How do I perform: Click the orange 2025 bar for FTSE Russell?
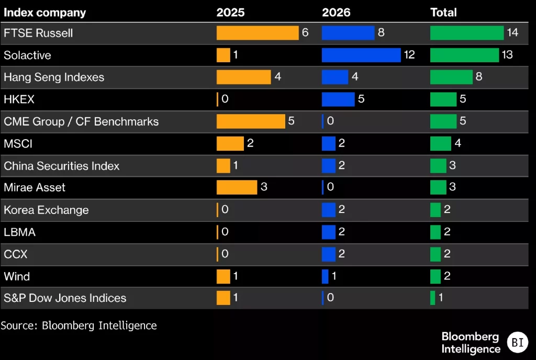click(258, 33)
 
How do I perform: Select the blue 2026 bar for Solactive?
click(361, 55)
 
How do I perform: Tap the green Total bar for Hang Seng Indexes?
click(451, 77)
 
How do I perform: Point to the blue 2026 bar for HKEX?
click(338, 99)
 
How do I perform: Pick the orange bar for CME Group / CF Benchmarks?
click(251, 121)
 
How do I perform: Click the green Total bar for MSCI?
click(441, 143)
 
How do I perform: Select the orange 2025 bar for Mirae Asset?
click(237, 187)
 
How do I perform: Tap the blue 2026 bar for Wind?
click(325, 276)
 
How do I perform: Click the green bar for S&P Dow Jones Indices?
click(432, 298)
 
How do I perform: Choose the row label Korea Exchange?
click(46, 210)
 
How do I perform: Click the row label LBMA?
click(19, 232)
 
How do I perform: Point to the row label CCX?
click(15, 254)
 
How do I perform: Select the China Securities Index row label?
click(62, 166)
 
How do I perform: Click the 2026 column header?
click(336, 13)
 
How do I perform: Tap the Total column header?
click(443, 13)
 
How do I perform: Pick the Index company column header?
click(45, 13)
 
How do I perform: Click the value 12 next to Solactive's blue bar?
click(409, 54)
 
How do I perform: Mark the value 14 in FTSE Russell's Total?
click(512, 32)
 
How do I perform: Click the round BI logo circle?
click(518, 342)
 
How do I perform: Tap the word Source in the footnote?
click(18, 325)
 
